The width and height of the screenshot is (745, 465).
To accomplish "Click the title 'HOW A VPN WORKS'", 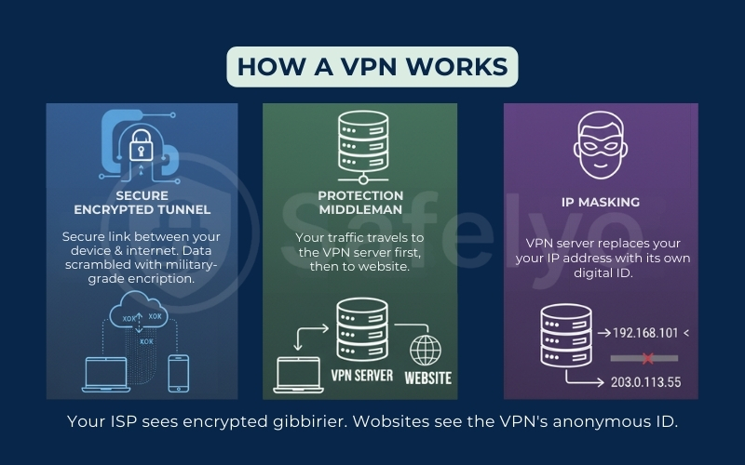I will [x=372, y=67].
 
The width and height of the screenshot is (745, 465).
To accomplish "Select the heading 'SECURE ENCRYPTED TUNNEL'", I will [x=141, y=203].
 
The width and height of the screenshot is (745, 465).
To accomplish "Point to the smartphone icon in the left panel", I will [x=177, y=372].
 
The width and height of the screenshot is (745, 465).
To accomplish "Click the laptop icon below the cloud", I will [x=104, y=374].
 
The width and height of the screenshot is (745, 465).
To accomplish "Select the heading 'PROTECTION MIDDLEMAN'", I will [x=360, y=203].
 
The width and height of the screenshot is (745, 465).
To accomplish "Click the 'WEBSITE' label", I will [x=428, y=378].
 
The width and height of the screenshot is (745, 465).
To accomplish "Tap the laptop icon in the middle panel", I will [x=297, y=372].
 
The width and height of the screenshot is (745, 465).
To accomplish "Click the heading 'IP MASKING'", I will [x=601, y=202].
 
